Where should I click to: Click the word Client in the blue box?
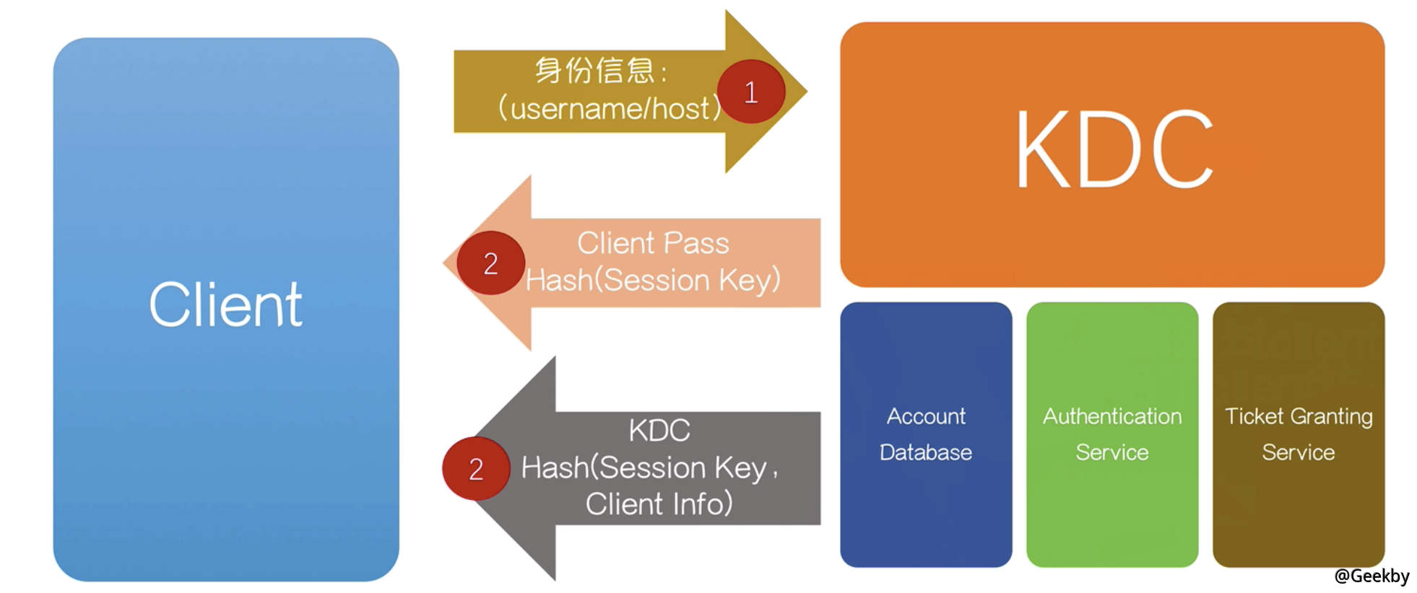click(225, 305)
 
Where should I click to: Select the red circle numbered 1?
click(751, 92)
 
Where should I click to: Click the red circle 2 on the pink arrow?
click(490, 263)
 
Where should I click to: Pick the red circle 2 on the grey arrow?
click(476, 469)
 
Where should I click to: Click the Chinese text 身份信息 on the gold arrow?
click(594, 71)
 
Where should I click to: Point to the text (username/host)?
click(610, 108)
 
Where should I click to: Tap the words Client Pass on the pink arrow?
click(653, 243)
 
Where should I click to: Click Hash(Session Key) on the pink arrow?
click(653, 280)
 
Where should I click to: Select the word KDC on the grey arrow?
click(659, 431)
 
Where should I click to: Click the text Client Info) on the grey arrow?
click(659, 504)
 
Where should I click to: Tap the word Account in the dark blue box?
click(926, 416)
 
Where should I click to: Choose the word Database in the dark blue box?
click(926, 452)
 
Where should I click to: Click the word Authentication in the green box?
click(1112, 416)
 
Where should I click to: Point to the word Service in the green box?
click(1112, 452)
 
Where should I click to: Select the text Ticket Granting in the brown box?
click(1299, 416)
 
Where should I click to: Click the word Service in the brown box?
click(1299, 452)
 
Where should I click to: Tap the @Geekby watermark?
click(1371, 576)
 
